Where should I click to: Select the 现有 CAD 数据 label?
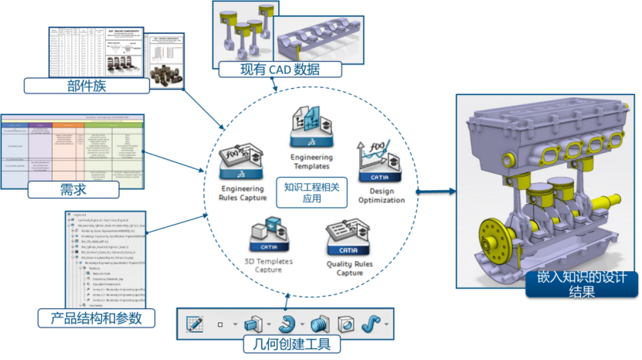[279, 70]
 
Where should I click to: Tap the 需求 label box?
[73, 188]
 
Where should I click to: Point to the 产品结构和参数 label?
[96, 318]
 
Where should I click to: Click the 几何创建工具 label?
[286, 345]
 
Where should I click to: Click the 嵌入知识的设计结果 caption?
[582, 284]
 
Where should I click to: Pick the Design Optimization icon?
[378, 162]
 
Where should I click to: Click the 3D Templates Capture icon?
[270, 235]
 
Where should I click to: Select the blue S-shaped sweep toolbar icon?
[372, 323]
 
